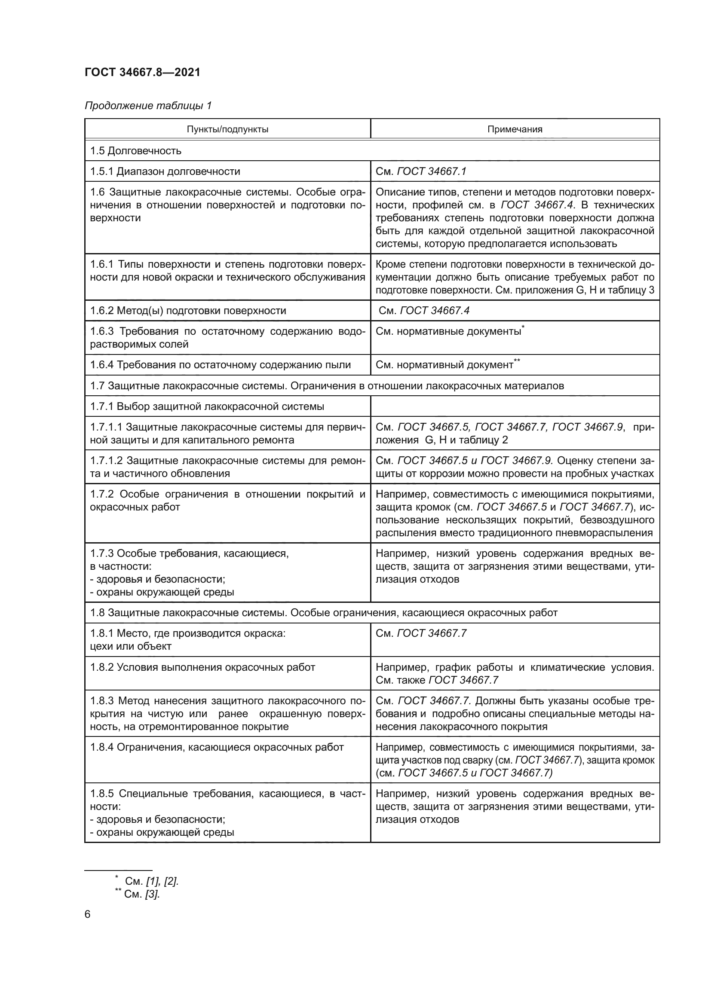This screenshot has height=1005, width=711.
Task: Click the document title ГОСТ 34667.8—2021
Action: tap(142, 72)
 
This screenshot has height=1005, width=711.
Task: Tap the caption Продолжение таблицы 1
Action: tap(148, 106)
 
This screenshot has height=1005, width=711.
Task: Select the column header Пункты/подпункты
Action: tap(227, 129)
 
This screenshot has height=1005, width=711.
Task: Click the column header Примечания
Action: tap(515, 129)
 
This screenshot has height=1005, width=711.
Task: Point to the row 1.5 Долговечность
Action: tap(136, 150)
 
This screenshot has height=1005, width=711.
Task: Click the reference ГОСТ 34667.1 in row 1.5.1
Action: tap(431, 171)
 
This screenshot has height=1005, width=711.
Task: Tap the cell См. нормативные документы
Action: tap(448, 331)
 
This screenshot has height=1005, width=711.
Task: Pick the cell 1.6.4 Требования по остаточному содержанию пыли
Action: tap(221, 365)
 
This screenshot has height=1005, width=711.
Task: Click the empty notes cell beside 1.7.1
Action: tap(515, 406)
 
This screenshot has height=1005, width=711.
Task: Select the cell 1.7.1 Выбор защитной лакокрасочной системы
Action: tap(207, 406)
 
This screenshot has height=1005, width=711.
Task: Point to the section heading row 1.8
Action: tap(324, 612)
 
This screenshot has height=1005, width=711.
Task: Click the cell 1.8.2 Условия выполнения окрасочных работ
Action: tap(203, 667)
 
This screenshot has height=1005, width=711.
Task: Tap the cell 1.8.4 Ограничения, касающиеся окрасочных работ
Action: tap(217, 747)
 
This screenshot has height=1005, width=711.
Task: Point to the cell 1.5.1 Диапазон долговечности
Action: tap(165, 171)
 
